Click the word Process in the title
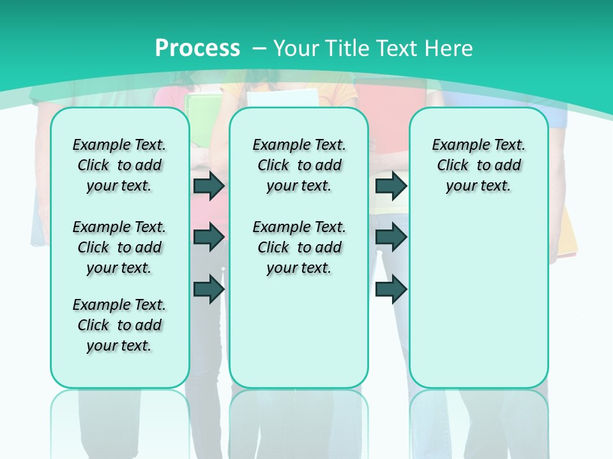point(197,48)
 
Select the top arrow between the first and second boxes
point(209,186)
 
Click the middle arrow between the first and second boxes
point(209,237)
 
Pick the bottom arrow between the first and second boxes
point(209,289)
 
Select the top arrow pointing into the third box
point(391,186)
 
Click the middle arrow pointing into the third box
point(391,237)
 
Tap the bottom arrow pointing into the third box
point(391,289)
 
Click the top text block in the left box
point(119,165)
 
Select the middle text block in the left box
point(119,247)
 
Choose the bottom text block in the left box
point(119,325)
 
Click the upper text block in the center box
point(299,165)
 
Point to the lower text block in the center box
point(299,247)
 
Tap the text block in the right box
point(478,165)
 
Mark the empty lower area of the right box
point(478,300)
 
